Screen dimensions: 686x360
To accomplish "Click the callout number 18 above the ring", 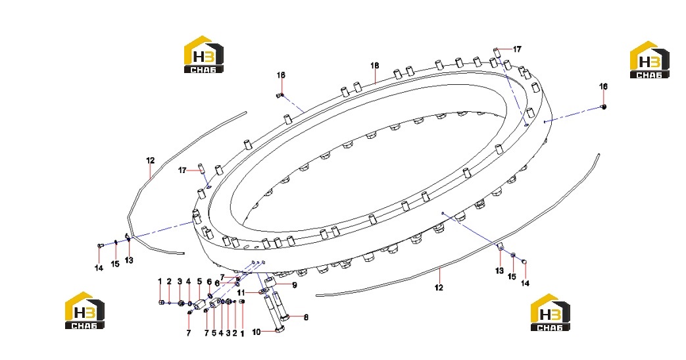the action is click(x=374, y=66).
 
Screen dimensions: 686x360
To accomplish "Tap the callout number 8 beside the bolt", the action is click(x=306, y=317).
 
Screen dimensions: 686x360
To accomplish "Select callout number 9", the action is click(x=295, y=285).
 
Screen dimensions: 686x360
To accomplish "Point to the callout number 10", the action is click(x=257, y=332).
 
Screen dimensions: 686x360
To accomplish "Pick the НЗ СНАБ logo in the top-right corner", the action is click(x=649, y=60).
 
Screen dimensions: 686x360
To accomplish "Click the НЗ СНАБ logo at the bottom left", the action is click(x=84, y=310).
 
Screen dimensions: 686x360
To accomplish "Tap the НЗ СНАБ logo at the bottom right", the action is click(x=550, y=312).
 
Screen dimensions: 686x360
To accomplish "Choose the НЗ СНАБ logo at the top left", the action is click(x=203, y=55).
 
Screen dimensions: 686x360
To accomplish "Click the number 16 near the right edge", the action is click(x=603, y=86).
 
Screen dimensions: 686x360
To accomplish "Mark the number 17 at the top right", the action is click(x=517, y=49).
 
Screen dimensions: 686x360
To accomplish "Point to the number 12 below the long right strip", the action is click(x=439, y=288).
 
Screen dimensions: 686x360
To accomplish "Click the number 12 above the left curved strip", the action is click(x=151, y=161).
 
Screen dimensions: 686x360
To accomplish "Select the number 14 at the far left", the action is click(x=99, y=268).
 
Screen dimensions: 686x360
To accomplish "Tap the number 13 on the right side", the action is click(x=500, y=270).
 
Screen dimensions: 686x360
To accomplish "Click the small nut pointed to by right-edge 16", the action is click(x=604, y=107).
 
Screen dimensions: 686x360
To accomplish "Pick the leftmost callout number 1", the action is click(x=160, y=281).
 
